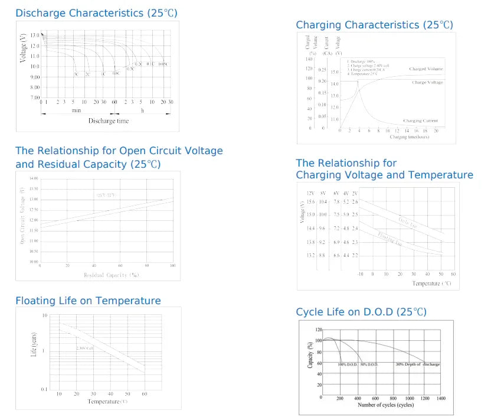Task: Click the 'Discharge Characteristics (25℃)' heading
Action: pyautogui.click(x=96, y=12)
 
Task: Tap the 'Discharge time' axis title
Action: pyautogui.click(x=109, y=121)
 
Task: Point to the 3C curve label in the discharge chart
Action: pyautogui.click(x=76, y=74)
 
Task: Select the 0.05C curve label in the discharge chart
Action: pyautogui.click(x=163, y=64)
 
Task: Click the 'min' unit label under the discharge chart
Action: pyautogui.click(x=77, y=110)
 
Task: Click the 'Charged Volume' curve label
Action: pyautogui.click(x=426, y=69)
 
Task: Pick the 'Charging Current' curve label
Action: pyautogui.click(x=420, y=120)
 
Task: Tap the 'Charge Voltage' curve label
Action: pyautogui.click(x=427, y=82)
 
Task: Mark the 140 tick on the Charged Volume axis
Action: pyautogui.click(x=308, y=59)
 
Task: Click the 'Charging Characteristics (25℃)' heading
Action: pyautogui.click(x=374, y=25)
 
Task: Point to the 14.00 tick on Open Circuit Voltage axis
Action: pyautogui.click(x=33, y=178)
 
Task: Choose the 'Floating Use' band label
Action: pyautogui.click(x=391, y=239)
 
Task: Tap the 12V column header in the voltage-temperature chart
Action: pyautogui.click(x=310, y=194)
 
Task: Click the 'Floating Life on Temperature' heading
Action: pyautogui.click(x=88, y=301)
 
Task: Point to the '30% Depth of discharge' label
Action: pyautogui.click(x=417, y=364)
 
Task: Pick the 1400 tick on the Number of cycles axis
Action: pyautogui.click(x=441, y=399)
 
